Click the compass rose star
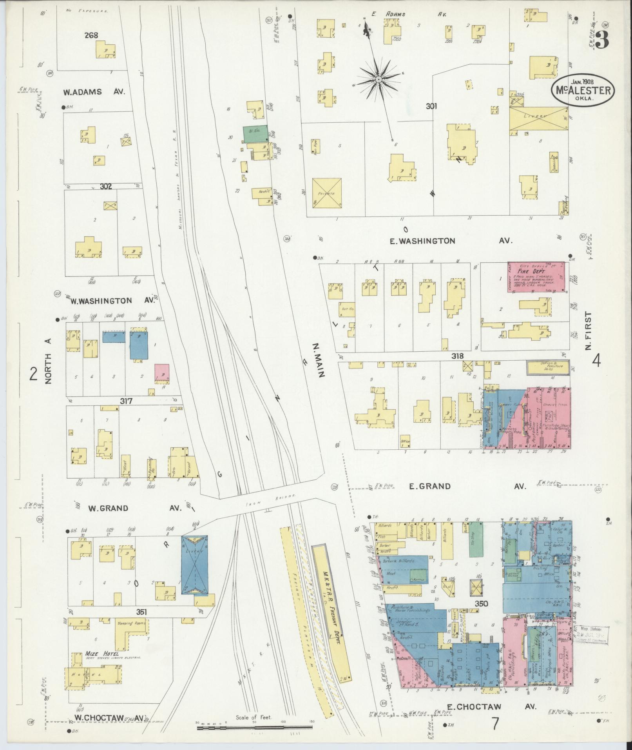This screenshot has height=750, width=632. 378,80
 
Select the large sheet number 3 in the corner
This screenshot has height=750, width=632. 602,40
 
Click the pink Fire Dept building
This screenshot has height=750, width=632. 536,277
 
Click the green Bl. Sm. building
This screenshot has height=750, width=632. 255,134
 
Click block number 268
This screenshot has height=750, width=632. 91,35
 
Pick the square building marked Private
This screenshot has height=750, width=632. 327,193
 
